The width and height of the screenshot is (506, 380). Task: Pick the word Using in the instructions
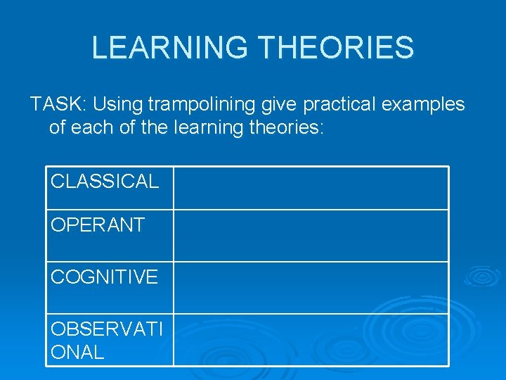pyautogui.click(x=116, y=105)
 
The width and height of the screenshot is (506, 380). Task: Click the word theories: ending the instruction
pyautogui.click(x=287, y=129)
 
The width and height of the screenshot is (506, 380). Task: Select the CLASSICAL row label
pyautogui.click(x=105, y=182)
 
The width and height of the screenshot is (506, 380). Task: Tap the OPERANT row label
pyautogui.click(x=98, y=225)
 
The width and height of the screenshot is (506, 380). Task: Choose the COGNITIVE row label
pyautogui.click(x=104, y=277)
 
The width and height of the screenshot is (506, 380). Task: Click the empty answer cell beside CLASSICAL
pyautogui.click(x=311, y=188)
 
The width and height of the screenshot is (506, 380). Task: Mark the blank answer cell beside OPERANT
pyautogui.click(x=311, y=236)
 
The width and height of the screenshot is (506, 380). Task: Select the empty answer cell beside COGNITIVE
pyautogui.click(x=311, y=288)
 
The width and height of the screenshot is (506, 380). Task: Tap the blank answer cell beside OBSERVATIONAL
pyautogui.click(x=311, y=340)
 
